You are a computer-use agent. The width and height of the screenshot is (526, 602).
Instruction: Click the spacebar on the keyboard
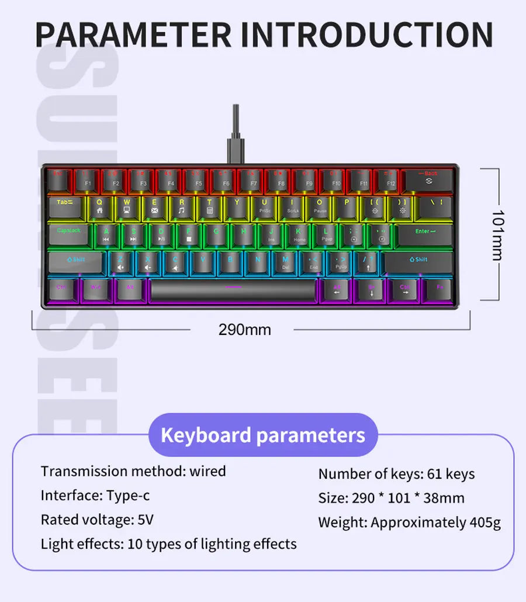tap(233, 289)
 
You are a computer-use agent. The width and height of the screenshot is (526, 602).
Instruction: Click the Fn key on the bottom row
tap(439, 289)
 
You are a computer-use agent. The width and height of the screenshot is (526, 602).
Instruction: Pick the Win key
tap(96, 289)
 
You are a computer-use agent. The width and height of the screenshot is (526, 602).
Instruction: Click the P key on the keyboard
tap(347, 207)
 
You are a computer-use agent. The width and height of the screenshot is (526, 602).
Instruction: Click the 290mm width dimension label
tap(245, 330)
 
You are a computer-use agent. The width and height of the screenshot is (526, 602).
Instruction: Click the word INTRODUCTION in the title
tap(367, 34)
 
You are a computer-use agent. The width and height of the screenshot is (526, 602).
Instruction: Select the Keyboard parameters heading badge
tap(263, 435)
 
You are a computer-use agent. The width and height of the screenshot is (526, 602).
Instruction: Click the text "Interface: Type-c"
tap(95, 496)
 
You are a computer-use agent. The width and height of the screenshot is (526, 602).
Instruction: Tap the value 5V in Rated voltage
tap(145, 520)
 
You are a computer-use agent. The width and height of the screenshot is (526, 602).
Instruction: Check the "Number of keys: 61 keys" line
tap(396, 474)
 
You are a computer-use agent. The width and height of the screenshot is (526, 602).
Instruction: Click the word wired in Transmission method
tap(207, 471)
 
